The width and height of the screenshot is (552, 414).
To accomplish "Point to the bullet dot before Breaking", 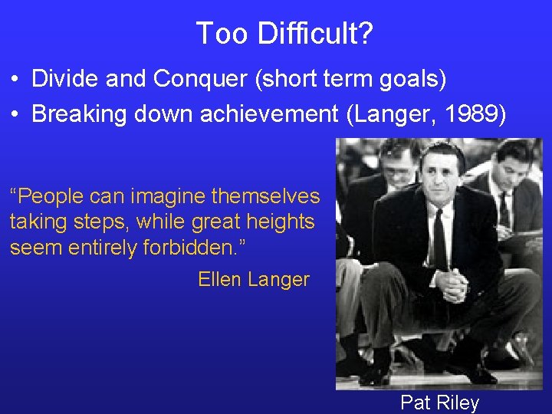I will coord(15,113).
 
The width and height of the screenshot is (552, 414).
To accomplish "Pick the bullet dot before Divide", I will coord(15,79).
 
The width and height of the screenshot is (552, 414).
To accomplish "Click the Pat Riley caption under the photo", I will coord(439,402).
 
